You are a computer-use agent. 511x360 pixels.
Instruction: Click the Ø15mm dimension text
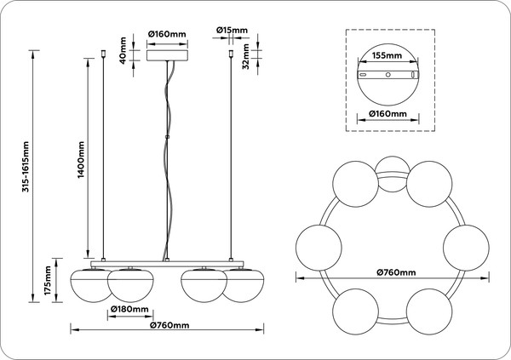click(x=233, y=31)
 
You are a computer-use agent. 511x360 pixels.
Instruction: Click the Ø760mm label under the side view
click(x=167, y=326)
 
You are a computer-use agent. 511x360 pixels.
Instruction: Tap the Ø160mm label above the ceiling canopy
click(x=167, y=34)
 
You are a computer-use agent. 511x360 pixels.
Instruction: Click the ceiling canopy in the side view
click(x=167, y=55)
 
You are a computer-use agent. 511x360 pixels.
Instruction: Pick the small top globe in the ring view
click(x=393, y=169)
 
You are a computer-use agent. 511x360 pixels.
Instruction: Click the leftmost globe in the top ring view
click(x=317, y=247)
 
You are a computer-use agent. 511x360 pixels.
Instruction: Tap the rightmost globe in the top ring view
click(x=465, y=247)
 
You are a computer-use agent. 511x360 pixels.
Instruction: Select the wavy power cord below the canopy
click(x=170, y=153)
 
